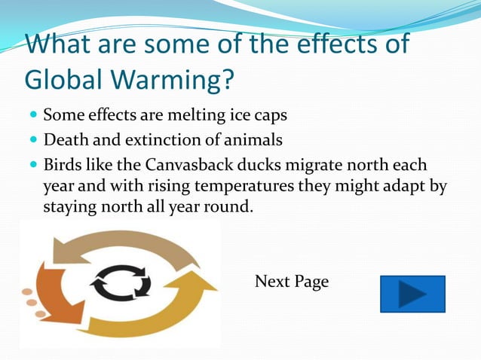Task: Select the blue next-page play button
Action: (x=412, y=294)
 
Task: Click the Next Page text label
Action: (x=292, y=282)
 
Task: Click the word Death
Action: (x=64, y=140)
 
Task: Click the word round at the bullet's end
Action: (x=229, y=206)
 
